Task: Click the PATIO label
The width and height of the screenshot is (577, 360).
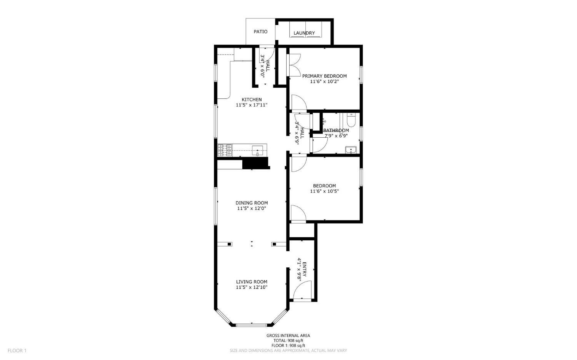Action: point(260,32)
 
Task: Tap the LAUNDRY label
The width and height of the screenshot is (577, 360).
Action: point(304,33)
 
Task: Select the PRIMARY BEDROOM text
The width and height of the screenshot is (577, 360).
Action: point(324,76)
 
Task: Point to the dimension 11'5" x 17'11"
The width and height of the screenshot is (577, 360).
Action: point(252,105)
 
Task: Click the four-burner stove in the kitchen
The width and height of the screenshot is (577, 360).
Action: point(225,150)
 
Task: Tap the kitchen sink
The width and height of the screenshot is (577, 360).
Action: point(257,150)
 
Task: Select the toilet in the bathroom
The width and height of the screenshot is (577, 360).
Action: point(351,121)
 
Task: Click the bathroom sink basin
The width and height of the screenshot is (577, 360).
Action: point(351,150)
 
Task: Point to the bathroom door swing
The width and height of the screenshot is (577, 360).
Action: point(319,145)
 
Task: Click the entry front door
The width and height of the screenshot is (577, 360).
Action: point(302,290)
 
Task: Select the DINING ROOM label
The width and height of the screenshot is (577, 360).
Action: point(252,203)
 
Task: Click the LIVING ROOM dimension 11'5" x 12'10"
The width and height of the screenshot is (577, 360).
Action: point(252,287)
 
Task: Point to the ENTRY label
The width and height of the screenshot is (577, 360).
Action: point(304,269)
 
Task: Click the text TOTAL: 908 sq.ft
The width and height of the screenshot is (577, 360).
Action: point(288,340)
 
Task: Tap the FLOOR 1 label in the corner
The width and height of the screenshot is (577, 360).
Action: point(17,350)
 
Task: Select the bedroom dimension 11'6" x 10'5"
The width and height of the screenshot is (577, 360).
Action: point(324,191)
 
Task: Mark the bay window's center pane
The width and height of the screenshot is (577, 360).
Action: point(252,325)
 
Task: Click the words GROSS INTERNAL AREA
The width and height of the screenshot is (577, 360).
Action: point(288,335)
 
